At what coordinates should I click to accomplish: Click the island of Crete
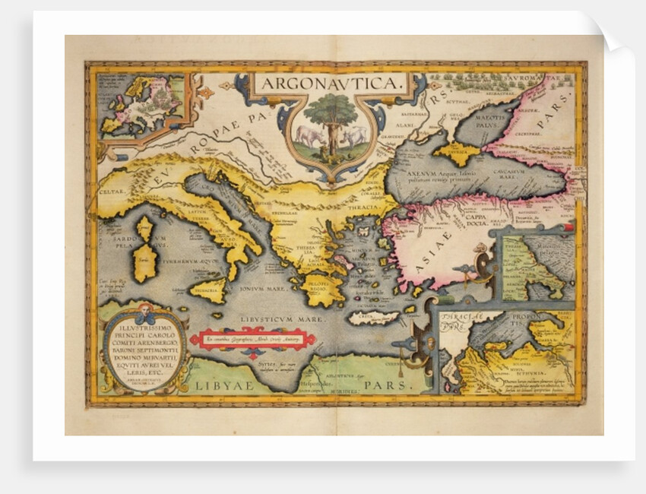[x=372, y=318]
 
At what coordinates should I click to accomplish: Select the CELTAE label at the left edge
[x=112, y=192]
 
